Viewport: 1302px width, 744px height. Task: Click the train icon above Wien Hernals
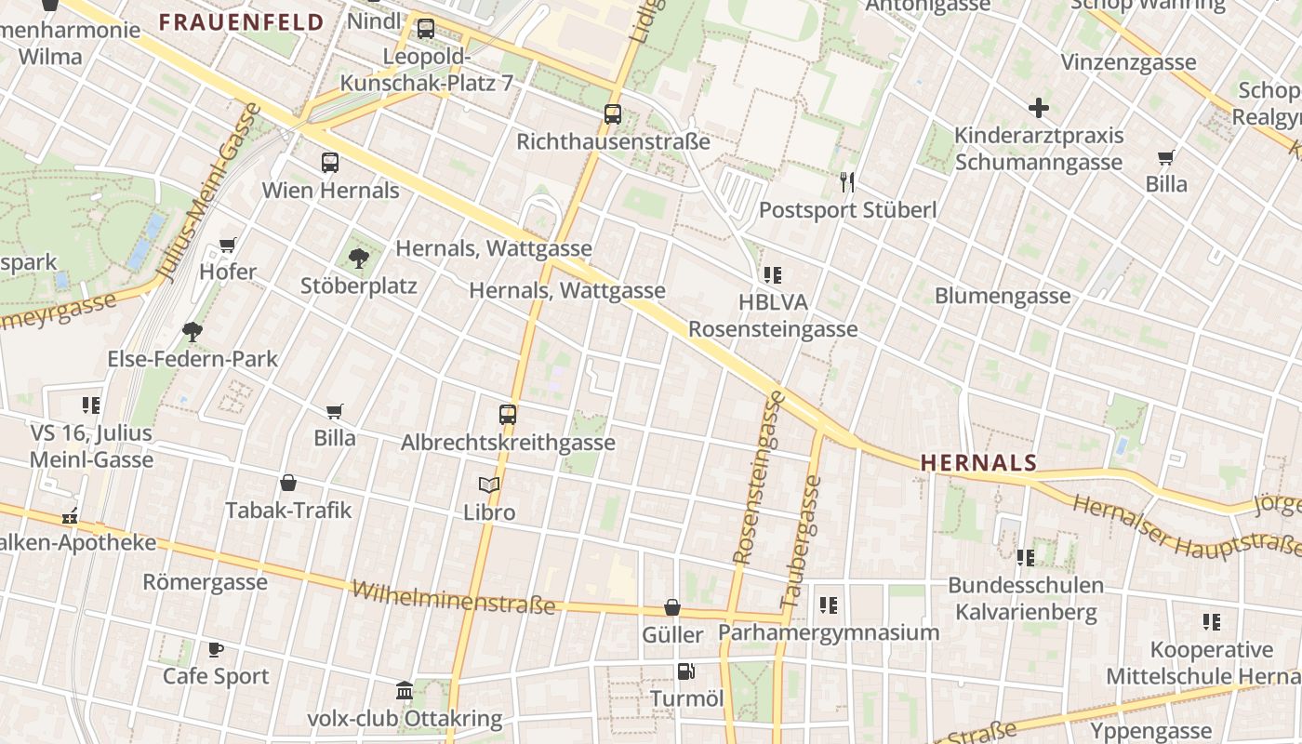coord(330,163)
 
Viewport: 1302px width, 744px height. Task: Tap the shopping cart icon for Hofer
coord(228,245)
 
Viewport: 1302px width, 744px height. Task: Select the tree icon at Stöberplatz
coord(358,258)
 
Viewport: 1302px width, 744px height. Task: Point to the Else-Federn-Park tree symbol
coord(193,331)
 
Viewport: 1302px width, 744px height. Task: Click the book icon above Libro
coord(489,485)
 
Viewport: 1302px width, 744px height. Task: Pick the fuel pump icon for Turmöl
coord(686,671)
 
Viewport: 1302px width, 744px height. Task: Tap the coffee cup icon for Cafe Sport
coord(216,649)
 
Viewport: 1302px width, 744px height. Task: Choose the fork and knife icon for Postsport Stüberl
coord(847,181)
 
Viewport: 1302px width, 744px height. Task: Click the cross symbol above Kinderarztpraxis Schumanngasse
coord(1039,108)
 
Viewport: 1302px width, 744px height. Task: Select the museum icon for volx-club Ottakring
coord(405,691)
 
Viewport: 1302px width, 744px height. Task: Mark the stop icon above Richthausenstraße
coord(613,114)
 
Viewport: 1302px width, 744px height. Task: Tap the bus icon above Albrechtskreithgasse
coord(508,415)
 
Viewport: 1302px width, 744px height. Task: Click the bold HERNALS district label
coord(978,462)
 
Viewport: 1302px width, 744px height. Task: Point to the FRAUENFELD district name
coord(241,22)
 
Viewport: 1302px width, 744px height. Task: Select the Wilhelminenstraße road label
coord(454,599)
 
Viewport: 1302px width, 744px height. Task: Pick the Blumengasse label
coord(1003,296)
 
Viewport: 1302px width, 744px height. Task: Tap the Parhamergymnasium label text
coord(829,632)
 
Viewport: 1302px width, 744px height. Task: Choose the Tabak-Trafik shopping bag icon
coord(288,483)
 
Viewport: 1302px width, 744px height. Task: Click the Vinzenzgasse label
coord(1129,62)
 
